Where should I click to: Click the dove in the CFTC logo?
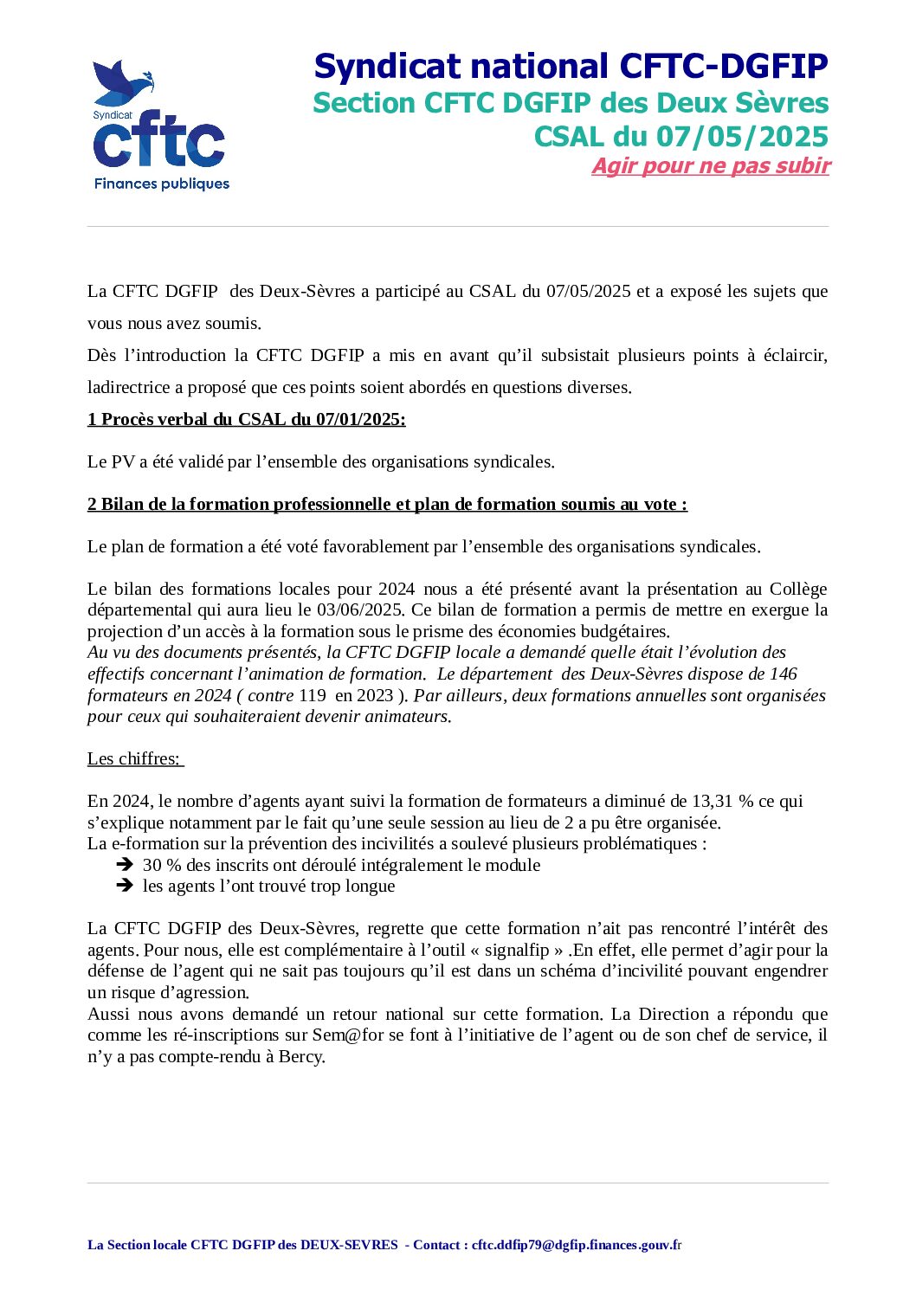coord(121,83)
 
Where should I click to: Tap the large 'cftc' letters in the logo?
coord(159,144)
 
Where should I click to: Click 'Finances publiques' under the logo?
coord(162,184)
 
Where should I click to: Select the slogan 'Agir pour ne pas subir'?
coord(710,166)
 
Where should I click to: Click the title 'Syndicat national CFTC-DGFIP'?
coord(571,66)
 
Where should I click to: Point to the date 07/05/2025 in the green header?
coord(742,136)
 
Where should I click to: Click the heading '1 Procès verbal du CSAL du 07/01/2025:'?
coord(246,420)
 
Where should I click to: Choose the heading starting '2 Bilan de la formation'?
coord(387,505)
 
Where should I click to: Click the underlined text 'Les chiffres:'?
coord(134,759)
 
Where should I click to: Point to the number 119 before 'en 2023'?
coord(313,696)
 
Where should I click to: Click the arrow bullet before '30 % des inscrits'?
coord(125,865)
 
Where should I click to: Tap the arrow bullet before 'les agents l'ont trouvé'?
coord(125,886)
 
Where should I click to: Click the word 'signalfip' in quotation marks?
coord(516,951)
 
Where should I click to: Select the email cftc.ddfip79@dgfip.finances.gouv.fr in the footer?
coord(576,1245)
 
